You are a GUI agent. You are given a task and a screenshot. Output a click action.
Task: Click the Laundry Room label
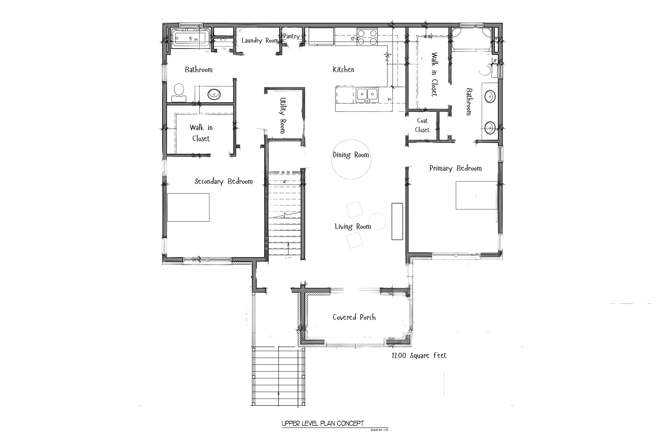(x=260, y=40)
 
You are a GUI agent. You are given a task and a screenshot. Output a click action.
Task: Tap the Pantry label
(x=291, y=36)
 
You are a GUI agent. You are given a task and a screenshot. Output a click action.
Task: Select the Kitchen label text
(x=343, y=70)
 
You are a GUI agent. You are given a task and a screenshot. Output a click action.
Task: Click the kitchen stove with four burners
(x=367, y=37)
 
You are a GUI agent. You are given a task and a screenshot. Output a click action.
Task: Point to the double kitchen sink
(x=367, y=95)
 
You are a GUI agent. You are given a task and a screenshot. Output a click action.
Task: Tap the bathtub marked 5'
(x=190, y=39)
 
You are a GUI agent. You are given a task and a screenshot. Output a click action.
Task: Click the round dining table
(x=351, y=160)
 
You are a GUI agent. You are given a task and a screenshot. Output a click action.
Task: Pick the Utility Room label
(x=283, y=116)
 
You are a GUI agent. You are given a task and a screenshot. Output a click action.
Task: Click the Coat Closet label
(x=422, y=125)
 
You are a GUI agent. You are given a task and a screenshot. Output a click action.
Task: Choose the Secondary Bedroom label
(x=224, y=181)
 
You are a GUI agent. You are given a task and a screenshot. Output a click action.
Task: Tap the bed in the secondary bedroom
(x=188, y=207)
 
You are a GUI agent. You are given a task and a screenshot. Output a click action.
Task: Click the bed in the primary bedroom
(x=476, y=195)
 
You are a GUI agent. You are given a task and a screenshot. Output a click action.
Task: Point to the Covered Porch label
(x=354, y=317)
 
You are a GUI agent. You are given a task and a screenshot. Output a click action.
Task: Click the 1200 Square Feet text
(x=419, y=356)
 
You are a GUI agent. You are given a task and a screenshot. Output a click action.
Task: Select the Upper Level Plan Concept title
(x=323, y=423)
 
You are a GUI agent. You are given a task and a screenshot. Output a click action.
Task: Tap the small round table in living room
(x=377, y=221)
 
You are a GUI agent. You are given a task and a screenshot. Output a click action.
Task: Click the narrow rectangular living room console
(x=397, y=221)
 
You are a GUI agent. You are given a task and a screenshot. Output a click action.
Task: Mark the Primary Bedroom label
(x=455, y=169)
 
